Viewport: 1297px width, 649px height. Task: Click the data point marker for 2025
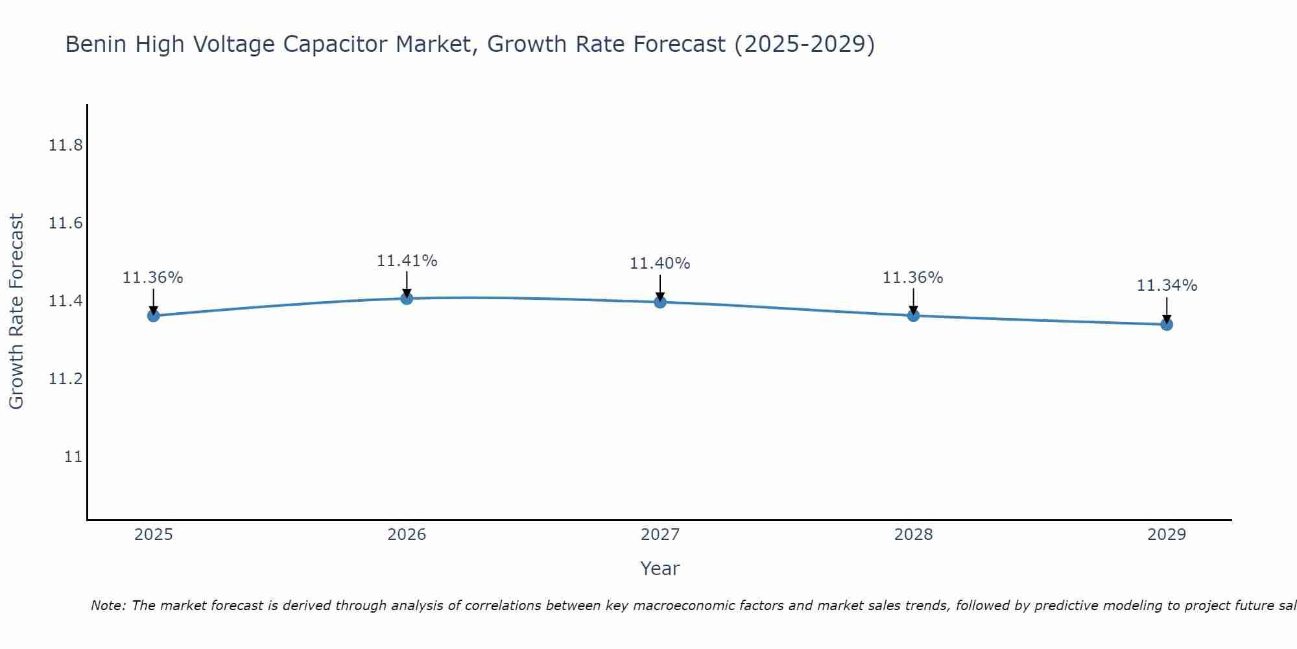(x=153, y=315)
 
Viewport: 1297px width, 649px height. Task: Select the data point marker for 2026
(x=407, y=299)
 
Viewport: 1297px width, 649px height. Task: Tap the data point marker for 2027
(x=660, y=302)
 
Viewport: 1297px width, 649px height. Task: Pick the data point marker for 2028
(x=913, y=315)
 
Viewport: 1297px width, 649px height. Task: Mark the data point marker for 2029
(x=1167, y=324)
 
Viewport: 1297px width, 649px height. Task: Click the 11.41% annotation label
(x=407, y=261)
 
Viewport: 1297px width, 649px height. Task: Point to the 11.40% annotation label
(x=660, y=263)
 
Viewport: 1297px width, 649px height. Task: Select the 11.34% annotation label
(x=1167, y=286)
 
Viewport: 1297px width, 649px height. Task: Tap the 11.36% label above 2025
(x=153, y=278)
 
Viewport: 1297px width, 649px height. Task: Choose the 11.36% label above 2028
(x=913, y=278)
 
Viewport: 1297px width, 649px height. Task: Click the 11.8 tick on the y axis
(x=65, y=145)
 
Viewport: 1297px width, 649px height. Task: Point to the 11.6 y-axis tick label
(x=65, y=223)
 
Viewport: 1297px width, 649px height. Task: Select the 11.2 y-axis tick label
(x=65, y=379)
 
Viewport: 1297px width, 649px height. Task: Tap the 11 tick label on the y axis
(x=73, y=457)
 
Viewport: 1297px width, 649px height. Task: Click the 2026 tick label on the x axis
(x=407, y=535)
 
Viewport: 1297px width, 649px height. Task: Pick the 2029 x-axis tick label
(x=1167, y=535)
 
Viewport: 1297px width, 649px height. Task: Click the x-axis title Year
(x=660, y=569)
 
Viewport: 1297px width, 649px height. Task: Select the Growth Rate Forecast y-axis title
(x=16, y=312)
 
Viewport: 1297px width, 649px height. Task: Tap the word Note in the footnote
(x=107, y=606)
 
